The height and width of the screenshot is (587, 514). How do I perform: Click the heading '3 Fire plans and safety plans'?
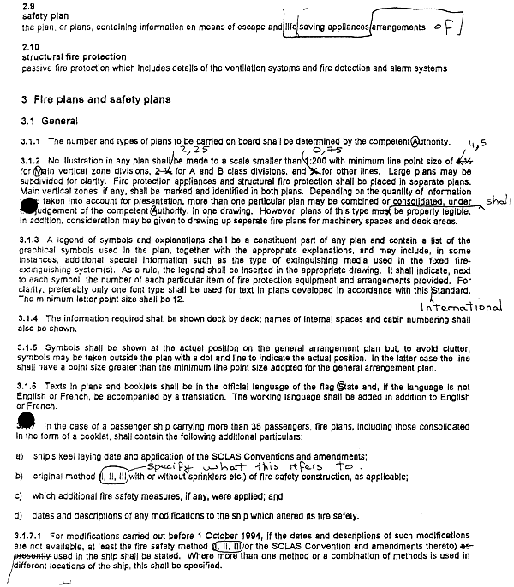pyautogui.click(x=96, y=99)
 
